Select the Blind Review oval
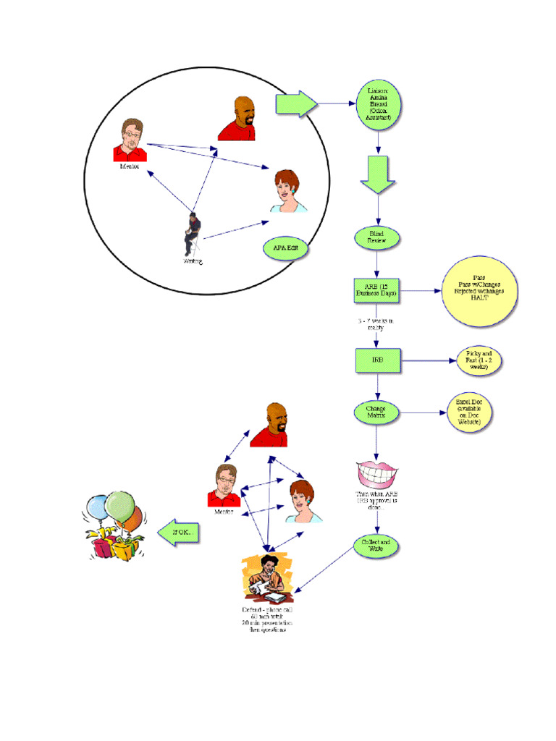(x=376, y=237)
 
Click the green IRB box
(x=378, y=360)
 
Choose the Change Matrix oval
(x=376, y=412)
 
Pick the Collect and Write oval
(x=376, y=546)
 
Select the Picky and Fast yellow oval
(x=479, y=360)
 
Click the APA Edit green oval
(x=285, y=248)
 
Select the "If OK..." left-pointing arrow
(x=179, y=534)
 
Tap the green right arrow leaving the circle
(x=296, y=104)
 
